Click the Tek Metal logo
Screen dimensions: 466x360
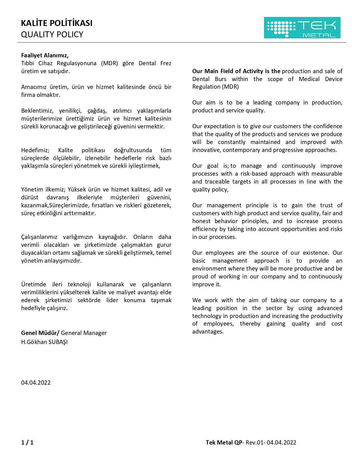coord(302,28)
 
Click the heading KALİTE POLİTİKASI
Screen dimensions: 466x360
coord(57,23)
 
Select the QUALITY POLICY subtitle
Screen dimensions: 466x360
coord(52,34)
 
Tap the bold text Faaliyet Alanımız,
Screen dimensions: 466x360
coord(45,55)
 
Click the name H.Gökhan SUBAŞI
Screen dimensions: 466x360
coord(44,342)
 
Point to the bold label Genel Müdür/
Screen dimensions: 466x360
coord(40,333)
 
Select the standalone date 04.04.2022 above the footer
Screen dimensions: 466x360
coord(36,383)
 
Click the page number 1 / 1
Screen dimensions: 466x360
coord(27,443)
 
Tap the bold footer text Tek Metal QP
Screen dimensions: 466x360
coord(224,443)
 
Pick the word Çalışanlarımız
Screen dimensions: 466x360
coord(39,237)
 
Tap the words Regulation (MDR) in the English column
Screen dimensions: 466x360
coord(215,87)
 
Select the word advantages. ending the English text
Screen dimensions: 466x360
coord(208,332)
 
